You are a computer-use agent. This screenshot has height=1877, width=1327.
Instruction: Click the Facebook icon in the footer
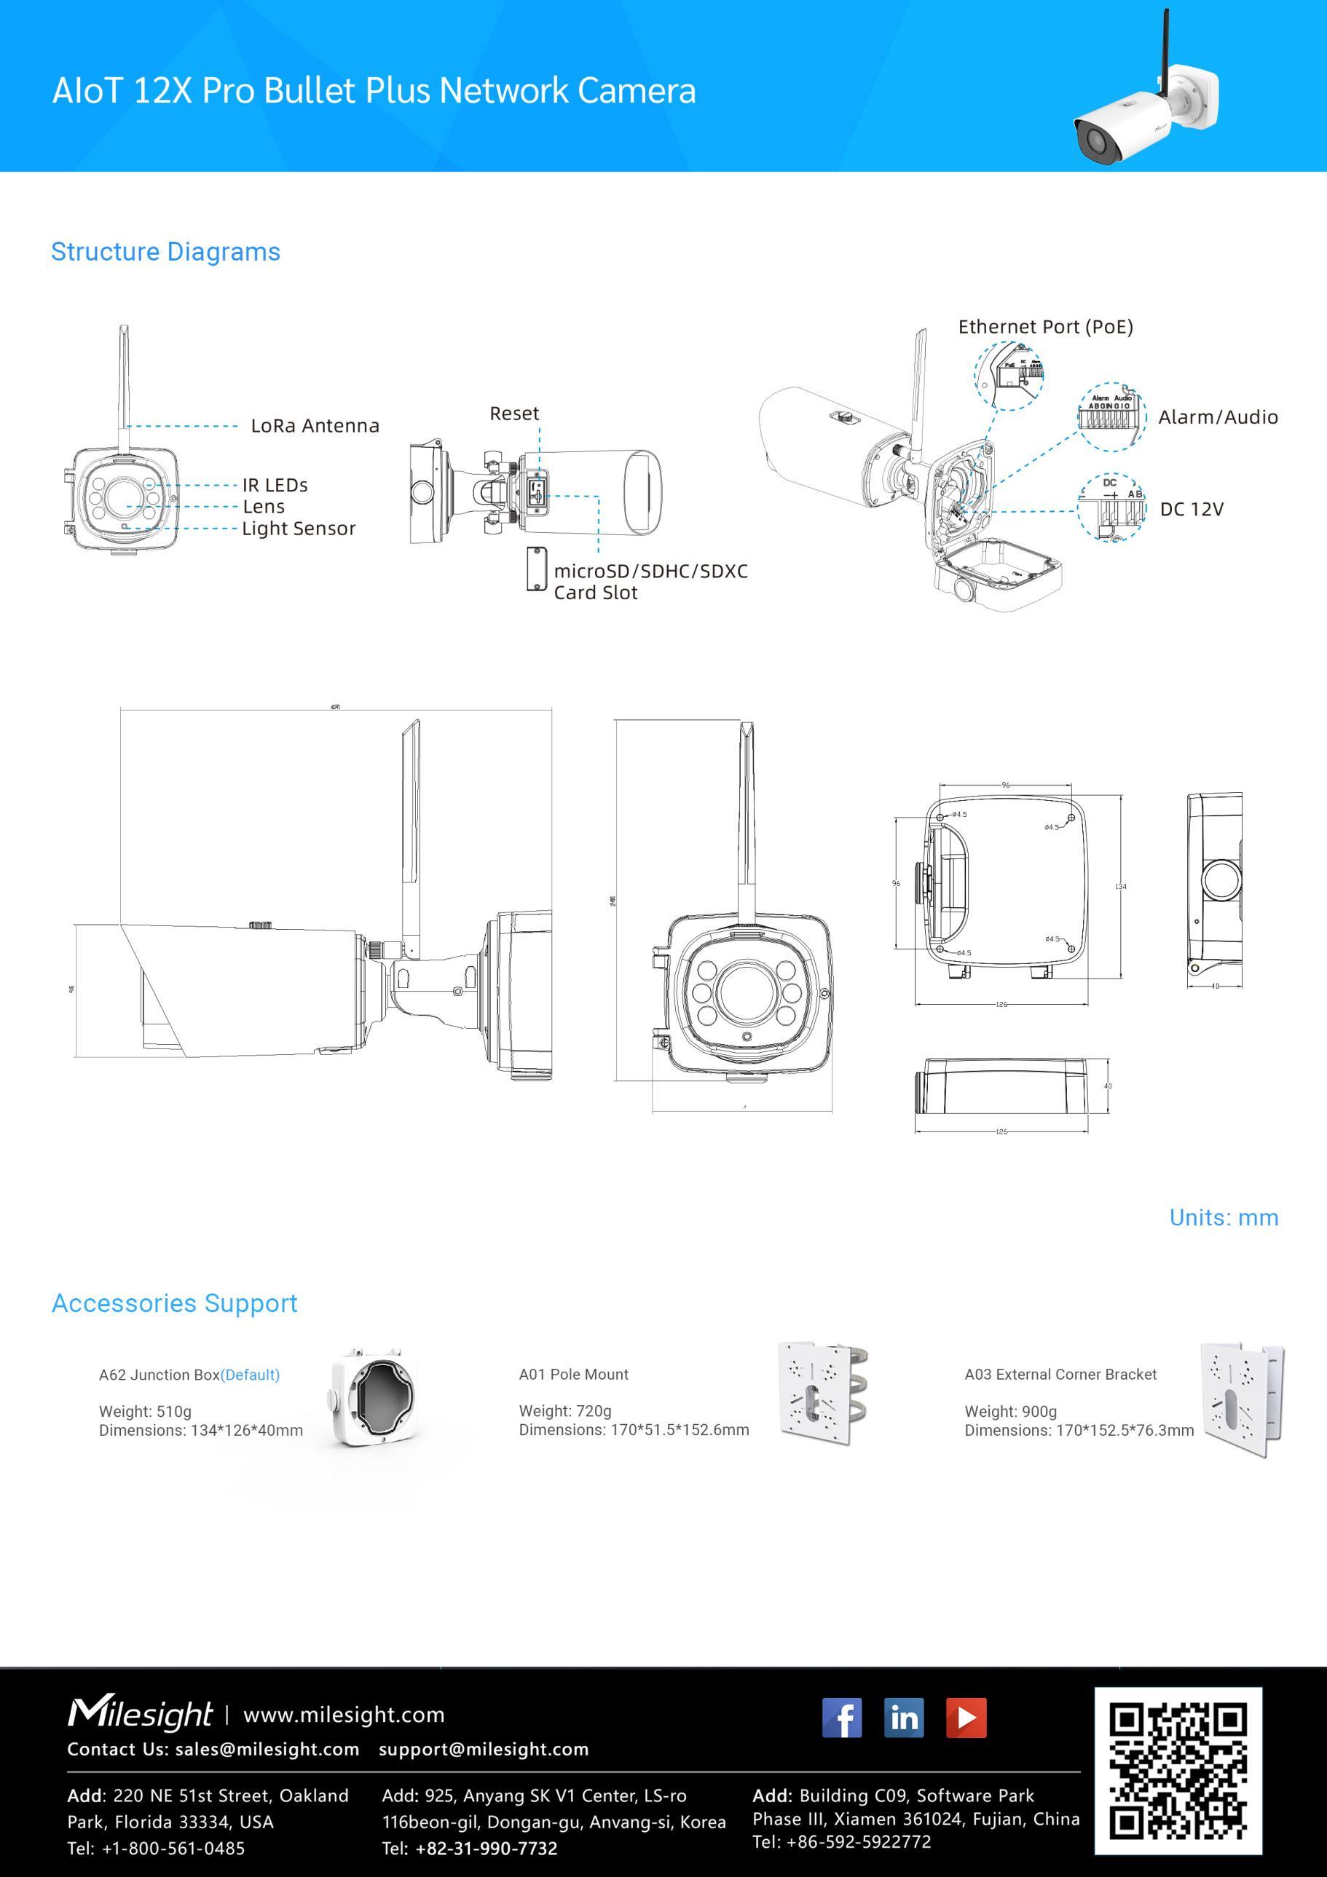point(841,1717)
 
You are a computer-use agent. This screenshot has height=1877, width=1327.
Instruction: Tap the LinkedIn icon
point(903,1717)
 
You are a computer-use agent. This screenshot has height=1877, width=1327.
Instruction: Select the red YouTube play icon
point(966,1717)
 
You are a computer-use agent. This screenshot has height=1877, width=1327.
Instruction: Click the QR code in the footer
point(1178,1771)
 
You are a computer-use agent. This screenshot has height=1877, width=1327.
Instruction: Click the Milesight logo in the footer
point(140,1713)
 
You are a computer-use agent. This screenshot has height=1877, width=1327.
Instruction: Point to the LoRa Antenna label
point(315,426)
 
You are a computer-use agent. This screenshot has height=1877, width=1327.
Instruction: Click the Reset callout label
point(514,414)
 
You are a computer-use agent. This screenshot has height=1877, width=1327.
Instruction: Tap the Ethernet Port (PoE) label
point(1045,327)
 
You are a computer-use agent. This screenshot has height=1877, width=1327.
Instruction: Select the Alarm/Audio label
point(1218,417)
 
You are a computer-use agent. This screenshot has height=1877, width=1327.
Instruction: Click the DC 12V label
point(1192,510)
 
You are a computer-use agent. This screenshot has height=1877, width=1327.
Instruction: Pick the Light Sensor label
point(299,529)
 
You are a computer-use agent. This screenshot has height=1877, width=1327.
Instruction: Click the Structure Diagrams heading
point(165,252)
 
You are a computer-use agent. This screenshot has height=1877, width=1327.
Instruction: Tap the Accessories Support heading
point(174,1303)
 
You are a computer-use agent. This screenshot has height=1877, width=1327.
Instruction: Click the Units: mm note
point(1223,1217)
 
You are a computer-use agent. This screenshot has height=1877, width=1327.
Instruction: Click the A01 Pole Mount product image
point(823,1393)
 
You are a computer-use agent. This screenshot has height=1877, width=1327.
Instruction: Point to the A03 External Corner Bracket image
point(1242,1398)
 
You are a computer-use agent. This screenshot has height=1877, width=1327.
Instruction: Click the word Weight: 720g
point(565,1411)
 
